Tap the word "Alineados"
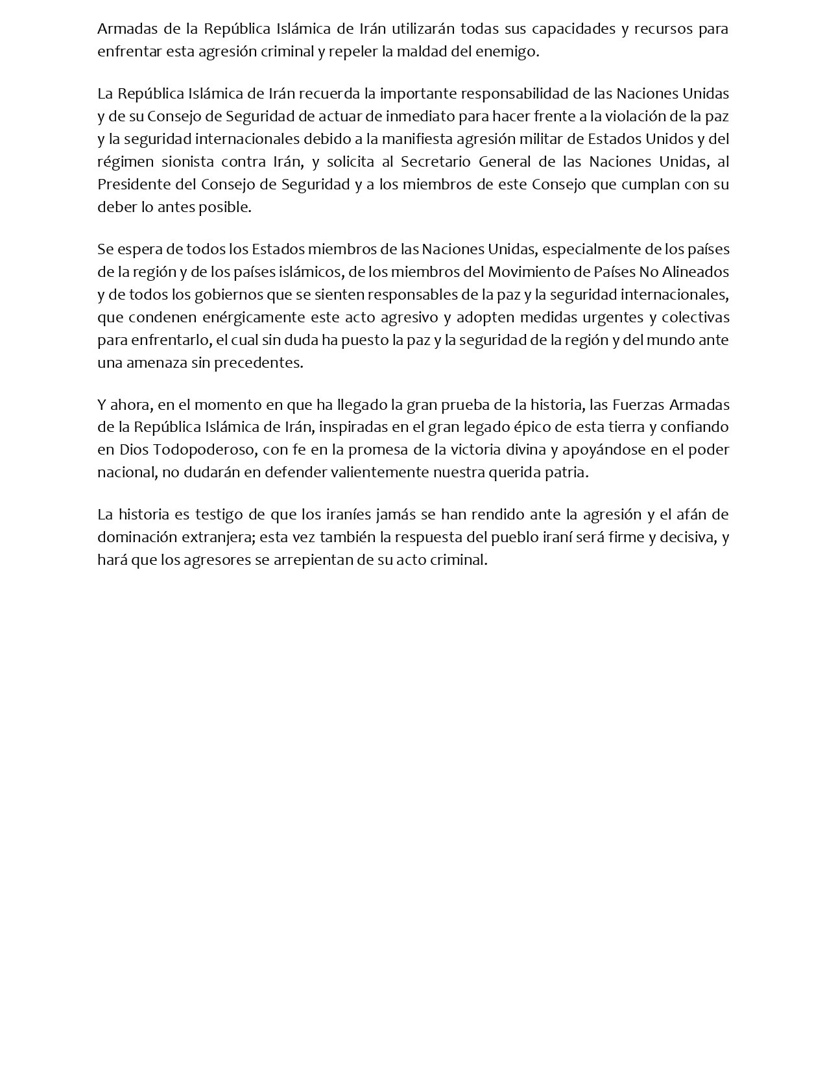tap(697, 272)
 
